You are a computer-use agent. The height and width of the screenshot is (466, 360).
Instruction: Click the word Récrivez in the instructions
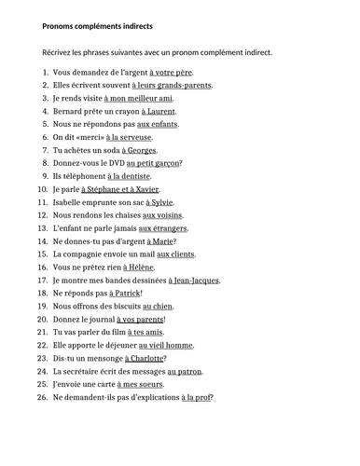coord(60,52)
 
